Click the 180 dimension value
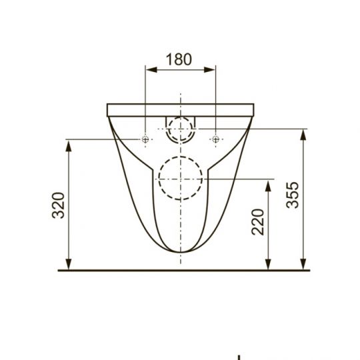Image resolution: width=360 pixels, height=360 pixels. click(179, 59)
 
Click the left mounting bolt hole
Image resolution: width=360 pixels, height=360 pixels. click(145, 139)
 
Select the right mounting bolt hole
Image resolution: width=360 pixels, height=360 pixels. click(215, 139)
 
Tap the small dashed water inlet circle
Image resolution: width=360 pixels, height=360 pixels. click(180, 129)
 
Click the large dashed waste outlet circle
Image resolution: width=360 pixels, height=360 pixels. click(180, 178)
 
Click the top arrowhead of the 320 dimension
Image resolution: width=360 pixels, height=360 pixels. click(69, 144)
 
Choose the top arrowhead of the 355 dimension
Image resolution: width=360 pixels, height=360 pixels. click(305, 132)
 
